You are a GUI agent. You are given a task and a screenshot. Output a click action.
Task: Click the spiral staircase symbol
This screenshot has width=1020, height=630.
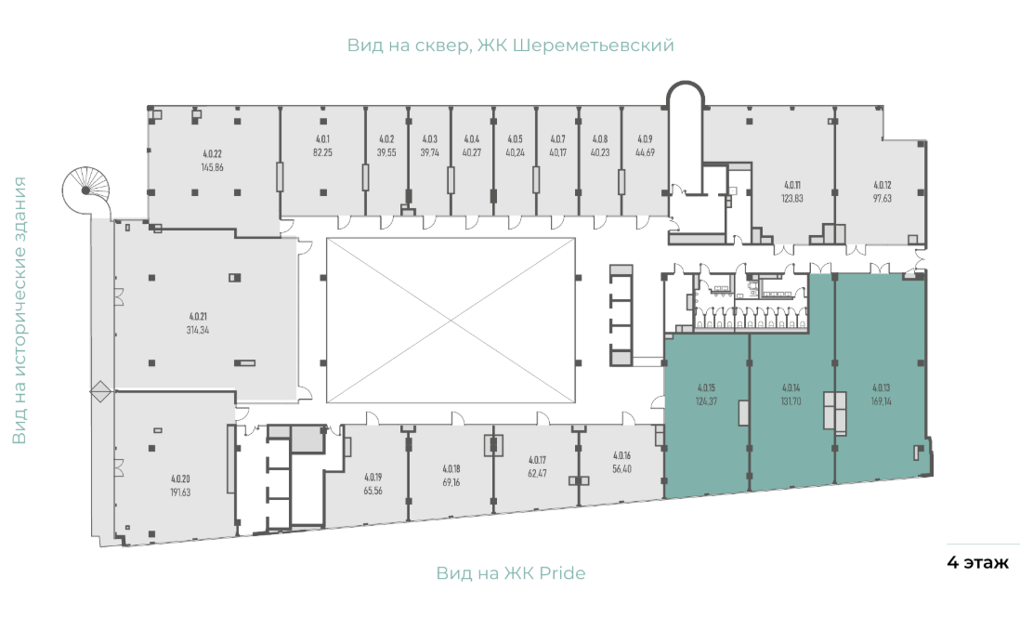coord(86,190)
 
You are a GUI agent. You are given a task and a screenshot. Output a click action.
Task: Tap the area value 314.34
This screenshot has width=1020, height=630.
coord(198,330)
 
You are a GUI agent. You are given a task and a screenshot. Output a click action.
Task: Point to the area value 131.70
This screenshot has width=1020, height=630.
coord(791,401)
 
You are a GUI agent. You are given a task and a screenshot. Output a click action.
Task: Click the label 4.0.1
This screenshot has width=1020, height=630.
coord(322,138)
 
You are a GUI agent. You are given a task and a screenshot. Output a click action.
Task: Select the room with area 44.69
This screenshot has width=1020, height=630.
coord(645,161)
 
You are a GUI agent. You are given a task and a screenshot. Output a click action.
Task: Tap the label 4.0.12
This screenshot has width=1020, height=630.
coord(883,185)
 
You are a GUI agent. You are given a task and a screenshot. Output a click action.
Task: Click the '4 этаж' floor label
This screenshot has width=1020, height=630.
coord(977,562)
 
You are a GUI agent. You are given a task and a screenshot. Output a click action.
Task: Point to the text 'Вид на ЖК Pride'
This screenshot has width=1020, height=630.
coord(511,573)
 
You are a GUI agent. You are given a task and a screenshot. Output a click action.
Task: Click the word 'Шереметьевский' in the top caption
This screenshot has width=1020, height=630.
coord(594,46)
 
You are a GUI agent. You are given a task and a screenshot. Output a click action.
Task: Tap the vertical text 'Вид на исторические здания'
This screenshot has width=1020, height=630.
coord(20,310)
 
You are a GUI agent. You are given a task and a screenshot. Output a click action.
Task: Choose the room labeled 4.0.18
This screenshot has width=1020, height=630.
coord(451,472)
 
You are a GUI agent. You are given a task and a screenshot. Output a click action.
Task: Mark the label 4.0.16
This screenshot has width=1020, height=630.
coord(621,455)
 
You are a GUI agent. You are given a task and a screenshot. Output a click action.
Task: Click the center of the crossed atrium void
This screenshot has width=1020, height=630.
coord(451,321)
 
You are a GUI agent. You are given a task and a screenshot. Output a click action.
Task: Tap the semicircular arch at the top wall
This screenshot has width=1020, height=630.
coord(686,84)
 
